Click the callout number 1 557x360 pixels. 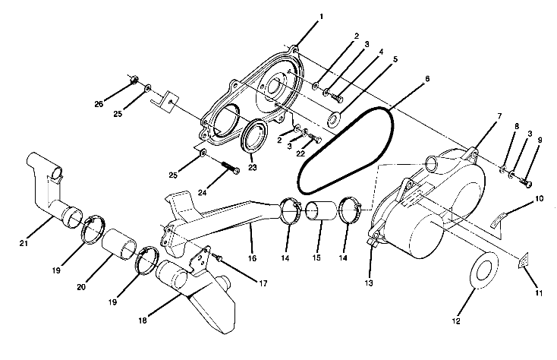(299, 16)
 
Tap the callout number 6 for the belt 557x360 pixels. (426, 78)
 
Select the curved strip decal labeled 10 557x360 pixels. (499, 217)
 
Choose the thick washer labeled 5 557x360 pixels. (332, 119)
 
